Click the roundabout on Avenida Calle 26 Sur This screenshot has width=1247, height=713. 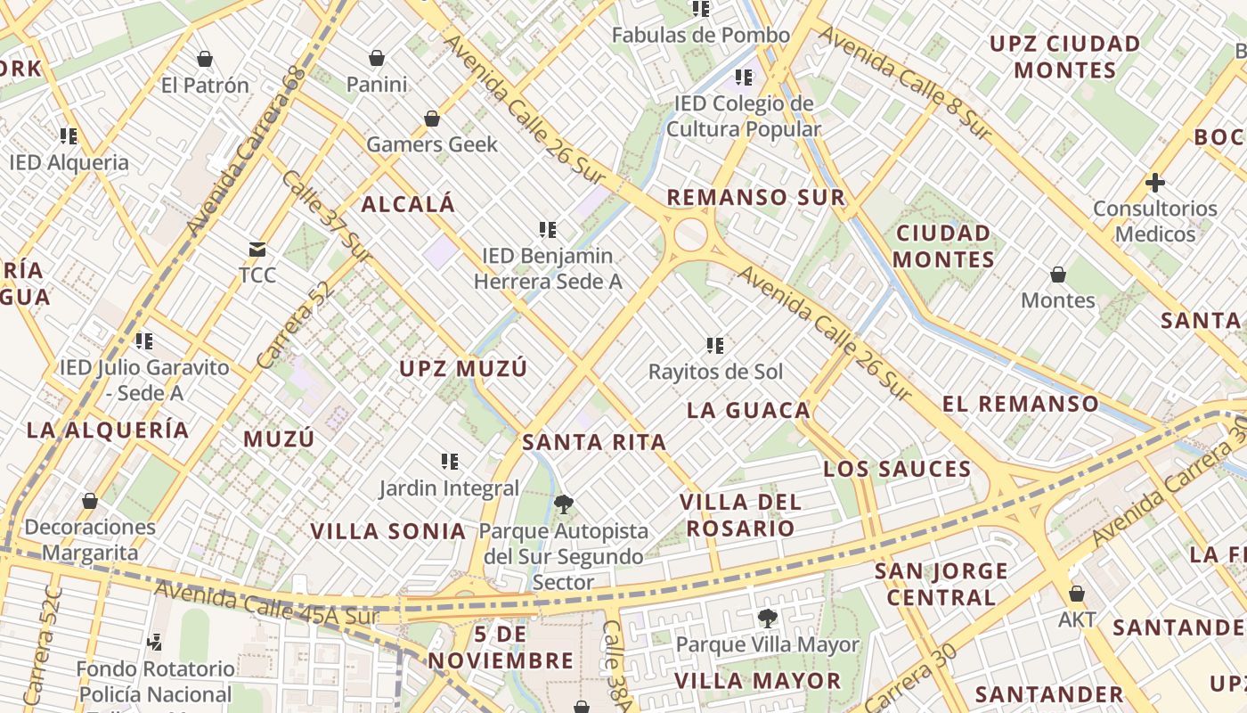(x=690, y=236)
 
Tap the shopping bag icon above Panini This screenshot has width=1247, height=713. (x=377, y=58)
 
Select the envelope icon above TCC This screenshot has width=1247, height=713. (x=257, y=249)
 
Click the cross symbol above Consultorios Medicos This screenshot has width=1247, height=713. (x=1154, y=183)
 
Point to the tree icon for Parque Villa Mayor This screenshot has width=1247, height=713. (x=767, y=618)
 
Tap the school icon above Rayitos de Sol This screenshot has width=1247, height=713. (x=714, y=345)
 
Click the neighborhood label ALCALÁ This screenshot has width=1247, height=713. (x=408, y=204)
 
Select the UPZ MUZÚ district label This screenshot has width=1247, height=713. (x=463, y=368)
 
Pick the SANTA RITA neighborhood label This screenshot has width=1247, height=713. (x=594, y=442)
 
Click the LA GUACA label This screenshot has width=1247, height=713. (x=749, y=410)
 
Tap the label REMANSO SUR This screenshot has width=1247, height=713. (x=755, y=197)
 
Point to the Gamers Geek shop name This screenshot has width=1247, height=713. (x=432, y=143)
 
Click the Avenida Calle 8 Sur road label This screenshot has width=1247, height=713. (x=904, y=82)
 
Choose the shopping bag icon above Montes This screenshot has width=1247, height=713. (x=1058, y=274)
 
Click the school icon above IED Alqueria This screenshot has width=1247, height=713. (x=69, y=136)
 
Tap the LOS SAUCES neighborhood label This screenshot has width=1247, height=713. (x=897, y=469)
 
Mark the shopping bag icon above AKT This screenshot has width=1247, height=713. (x=1077, y=593)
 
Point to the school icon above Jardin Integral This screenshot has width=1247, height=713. (x=450, y=461)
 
